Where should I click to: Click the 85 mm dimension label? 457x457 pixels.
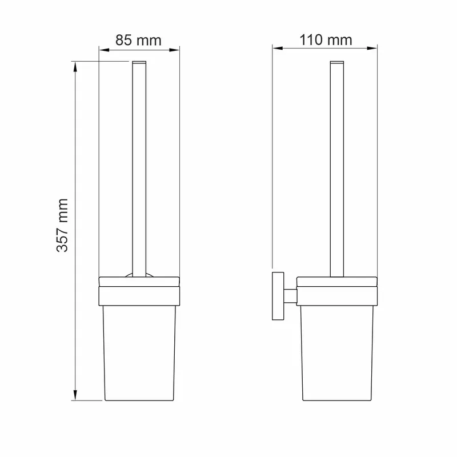pyautogui.click(x=138, y=40)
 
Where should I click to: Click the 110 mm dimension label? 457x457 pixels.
pyautogui.click(x=326, y=39)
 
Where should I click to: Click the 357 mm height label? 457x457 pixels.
pyautogui.click(x=62, y=225)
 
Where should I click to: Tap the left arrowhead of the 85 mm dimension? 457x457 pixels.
pyautogui.click(x=104, y=50)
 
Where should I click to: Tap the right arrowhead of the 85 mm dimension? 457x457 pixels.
pyautogui.click(x=174, y=50)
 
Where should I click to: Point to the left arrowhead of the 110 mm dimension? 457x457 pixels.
pyautogui.click(x=278, y=48)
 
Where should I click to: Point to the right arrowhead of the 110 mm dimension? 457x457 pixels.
pyautogui.click(x=372, y=48)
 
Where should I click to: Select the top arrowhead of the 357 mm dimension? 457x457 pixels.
pyautogui.click(x=75, y=67)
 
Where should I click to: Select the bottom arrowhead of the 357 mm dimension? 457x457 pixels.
pyautogui.click(x=75, y=395)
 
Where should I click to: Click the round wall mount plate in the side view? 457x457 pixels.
pyautogui.click(x=278, y=296)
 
